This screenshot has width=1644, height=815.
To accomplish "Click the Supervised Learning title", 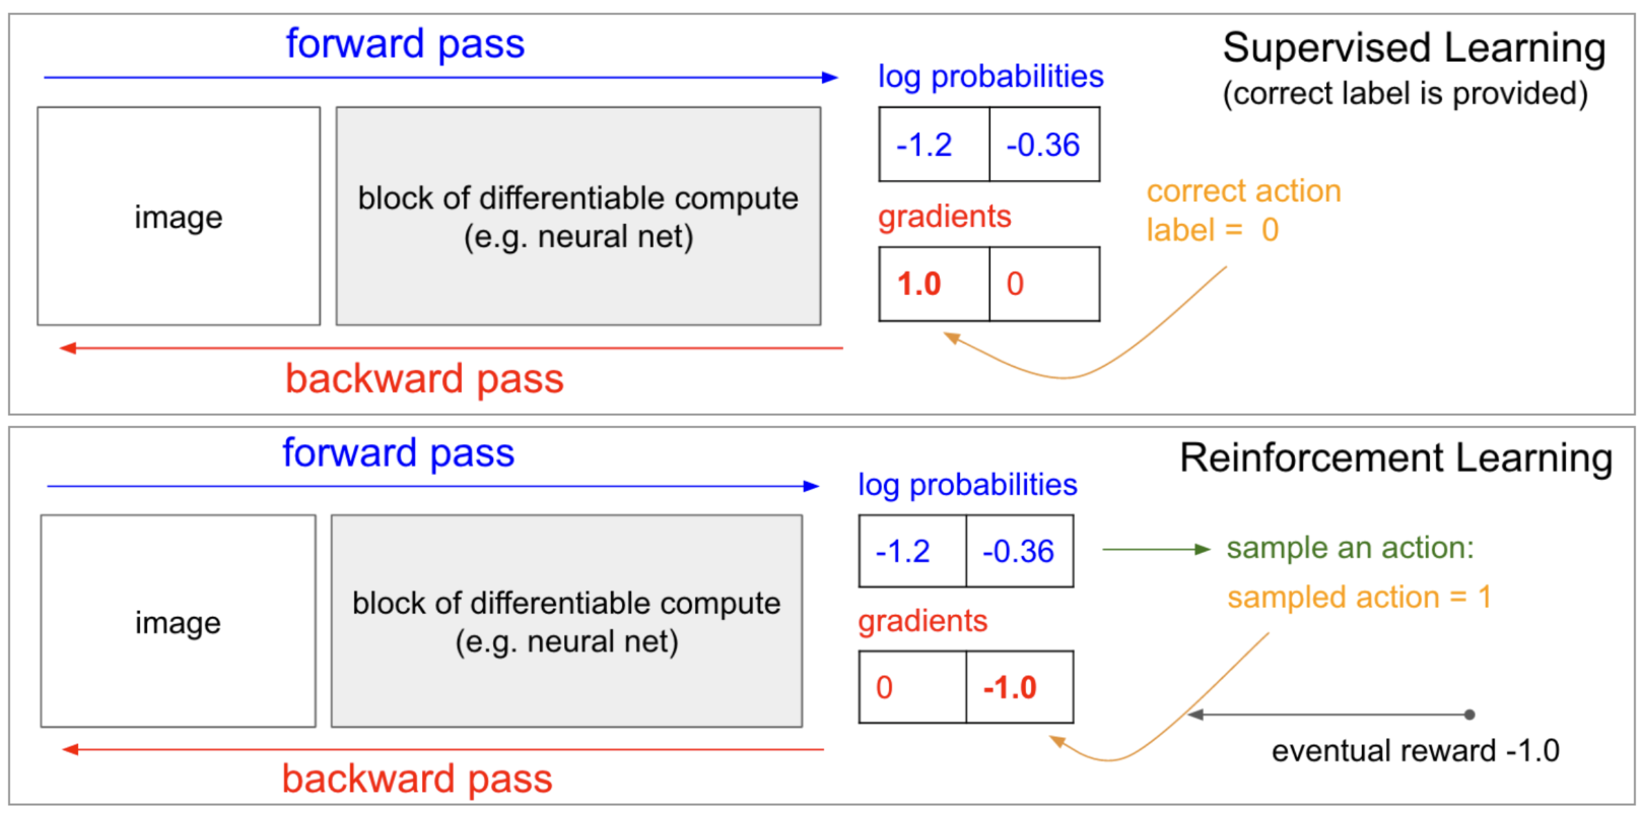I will [1414, 48].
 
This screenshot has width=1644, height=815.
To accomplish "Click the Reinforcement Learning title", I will [1396, 458].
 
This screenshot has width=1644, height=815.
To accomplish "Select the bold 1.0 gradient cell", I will [933, 284].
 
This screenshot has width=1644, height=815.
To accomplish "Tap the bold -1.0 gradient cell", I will [1019, 687].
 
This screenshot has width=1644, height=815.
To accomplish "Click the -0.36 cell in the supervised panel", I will [1043, 145].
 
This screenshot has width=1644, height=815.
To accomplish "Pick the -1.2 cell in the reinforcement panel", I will [911, 552].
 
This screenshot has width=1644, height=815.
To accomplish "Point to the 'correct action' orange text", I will [1243, 191].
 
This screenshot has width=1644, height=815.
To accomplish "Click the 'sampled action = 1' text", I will [1359, 597].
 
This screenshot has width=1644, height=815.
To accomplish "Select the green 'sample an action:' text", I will [1350, 548].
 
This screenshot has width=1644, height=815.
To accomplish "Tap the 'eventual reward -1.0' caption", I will [1415, 751].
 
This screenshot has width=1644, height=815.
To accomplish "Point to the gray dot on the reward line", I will [1470, 714].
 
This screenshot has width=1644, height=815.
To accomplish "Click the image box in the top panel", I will [179, 216].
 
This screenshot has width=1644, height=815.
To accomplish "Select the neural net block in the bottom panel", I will [566, 621].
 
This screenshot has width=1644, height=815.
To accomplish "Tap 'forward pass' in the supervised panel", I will [405, 44].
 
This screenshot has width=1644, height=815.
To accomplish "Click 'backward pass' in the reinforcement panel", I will [417, 779].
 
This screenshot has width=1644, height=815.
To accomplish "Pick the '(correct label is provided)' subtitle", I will [1405, 94].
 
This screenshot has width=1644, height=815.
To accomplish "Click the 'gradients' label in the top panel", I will [944, 217].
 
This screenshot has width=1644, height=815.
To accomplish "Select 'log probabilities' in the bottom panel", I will [967, 485].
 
